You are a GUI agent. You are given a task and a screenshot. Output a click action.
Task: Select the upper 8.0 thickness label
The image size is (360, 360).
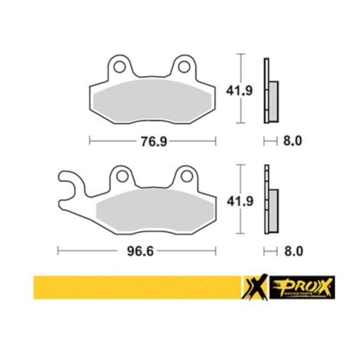pos(293,141)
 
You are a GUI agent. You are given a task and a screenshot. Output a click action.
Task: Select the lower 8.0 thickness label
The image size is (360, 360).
pos(293,250)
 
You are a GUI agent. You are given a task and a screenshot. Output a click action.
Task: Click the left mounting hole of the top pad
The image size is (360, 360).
pos(119,68)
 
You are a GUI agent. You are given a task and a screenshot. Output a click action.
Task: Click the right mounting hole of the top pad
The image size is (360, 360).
pos(184,68)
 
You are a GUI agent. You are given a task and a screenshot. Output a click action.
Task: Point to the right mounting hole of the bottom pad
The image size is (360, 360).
pos(185,178)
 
